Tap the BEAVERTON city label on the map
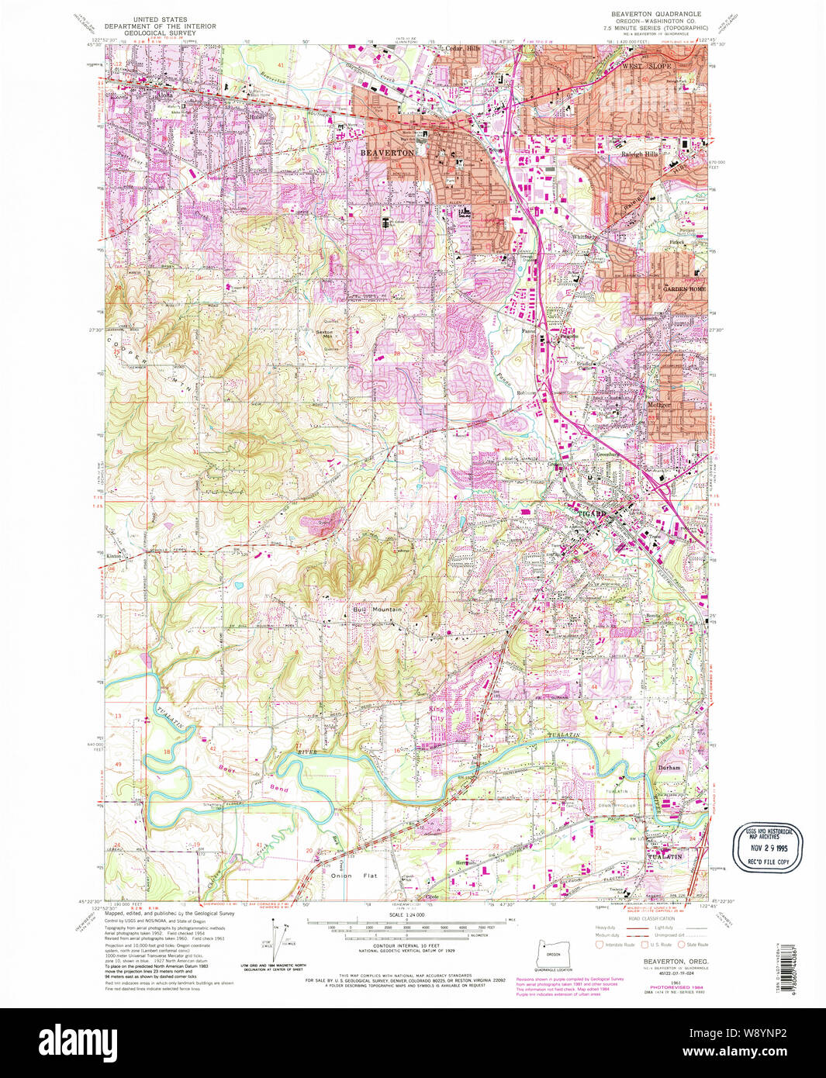[x=387, y=154]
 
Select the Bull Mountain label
[x=378, y=610]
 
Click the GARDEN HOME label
[x=683, y=289]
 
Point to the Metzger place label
[x=658, y=405]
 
